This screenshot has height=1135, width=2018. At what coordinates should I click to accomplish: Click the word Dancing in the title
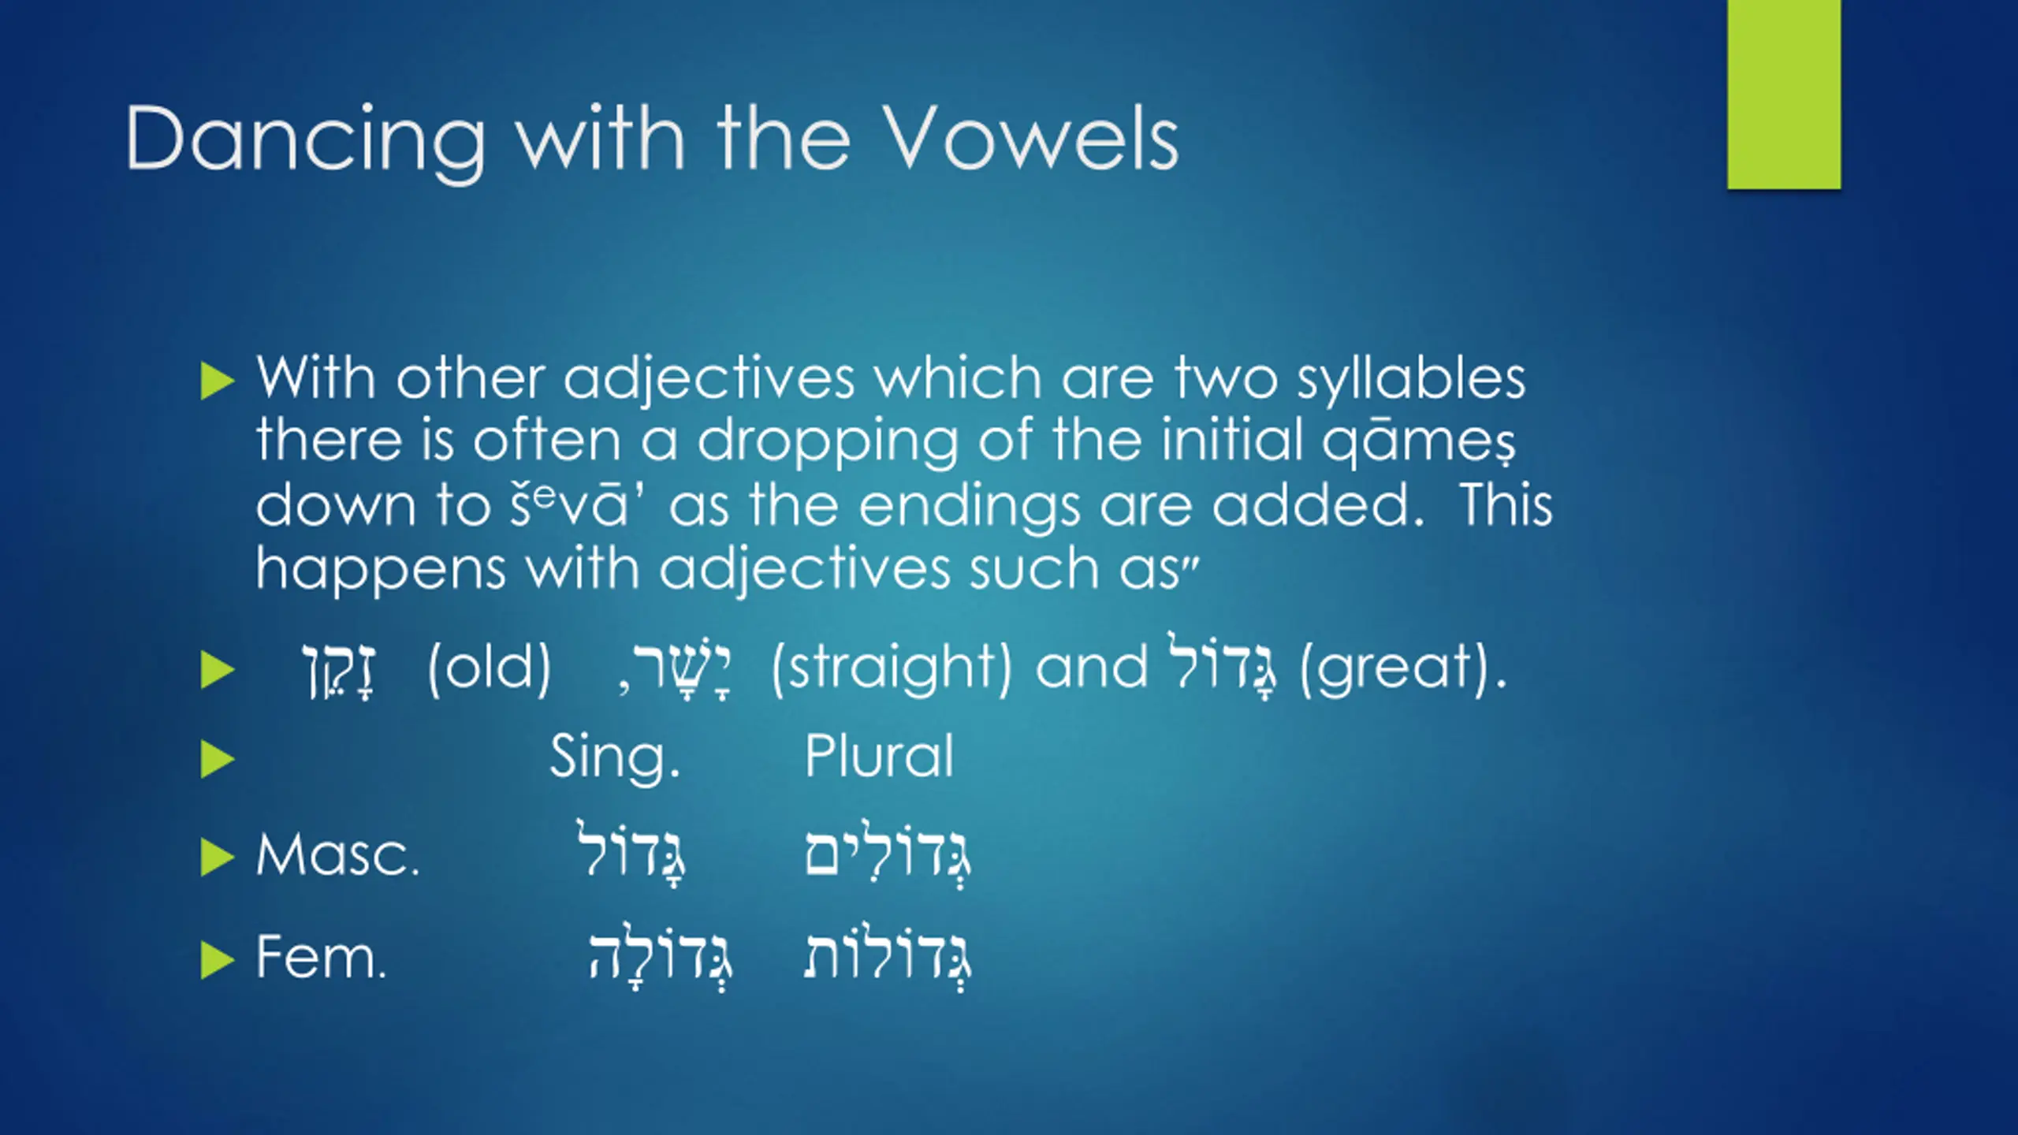(306, 140)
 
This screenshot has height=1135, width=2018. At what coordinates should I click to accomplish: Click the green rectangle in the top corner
(1784, 95)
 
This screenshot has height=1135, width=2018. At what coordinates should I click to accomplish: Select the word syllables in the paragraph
(1411, 379)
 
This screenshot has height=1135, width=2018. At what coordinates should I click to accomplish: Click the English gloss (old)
(489, 668)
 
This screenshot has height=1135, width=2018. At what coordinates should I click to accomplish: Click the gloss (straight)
(892, 669)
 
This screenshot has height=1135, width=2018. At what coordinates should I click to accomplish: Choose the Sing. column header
(615, 757)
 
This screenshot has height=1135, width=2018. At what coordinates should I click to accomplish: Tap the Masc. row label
(337, 856)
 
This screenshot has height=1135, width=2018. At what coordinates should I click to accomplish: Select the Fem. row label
(321, 957)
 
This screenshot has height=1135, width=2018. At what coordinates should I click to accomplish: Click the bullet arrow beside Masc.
(218, 858)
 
